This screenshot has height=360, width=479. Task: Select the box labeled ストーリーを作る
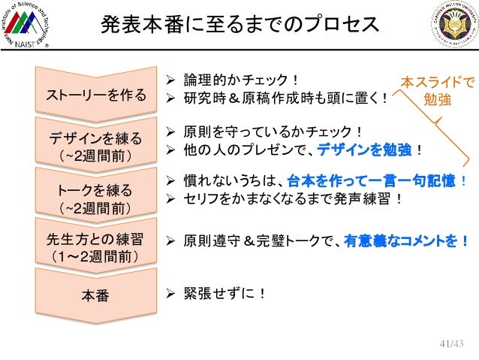pyautogui.click(x=92, y=95)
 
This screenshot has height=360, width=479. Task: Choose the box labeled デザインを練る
pyautogui.click(x=92, y=145)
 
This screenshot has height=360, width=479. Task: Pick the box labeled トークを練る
pyautogui.click(x=92, y=195)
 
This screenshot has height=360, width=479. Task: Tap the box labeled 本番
pyautogui.click(x=92, y=295)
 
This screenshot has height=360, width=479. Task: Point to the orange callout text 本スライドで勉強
pyautogui.click(x=436, y=89)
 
